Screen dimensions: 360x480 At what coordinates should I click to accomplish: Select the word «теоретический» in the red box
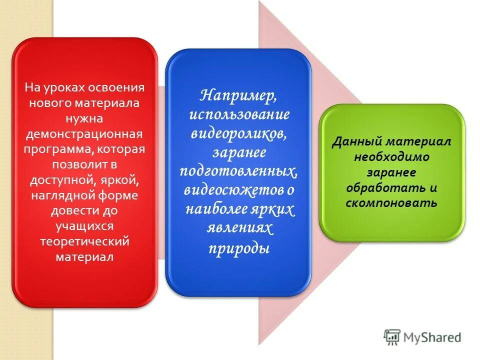pos(85,241)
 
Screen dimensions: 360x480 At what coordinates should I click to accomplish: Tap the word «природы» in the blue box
pos(239,247)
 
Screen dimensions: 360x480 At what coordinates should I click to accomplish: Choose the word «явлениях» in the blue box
pos(239,228)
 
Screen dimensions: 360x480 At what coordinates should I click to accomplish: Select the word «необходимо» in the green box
pos(392,157)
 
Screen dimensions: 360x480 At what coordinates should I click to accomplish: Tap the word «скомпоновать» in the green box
pos(392,203)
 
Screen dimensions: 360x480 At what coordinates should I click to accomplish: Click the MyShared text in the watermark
pos(432,337)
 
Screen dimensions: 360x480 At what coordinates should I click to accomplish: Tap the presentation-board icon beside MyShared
pos(392,337)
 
